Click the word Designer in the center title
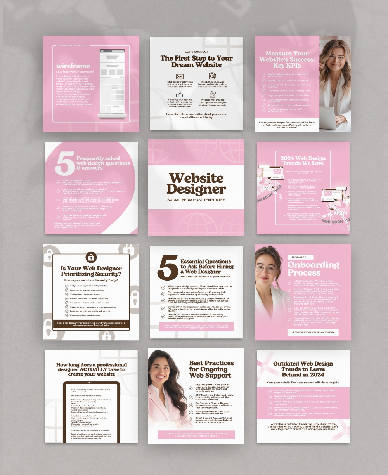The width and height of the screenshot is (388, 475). click(x=196, y=189)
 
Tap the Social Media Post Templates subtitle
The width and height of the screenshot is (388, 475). click(x=196, y=200)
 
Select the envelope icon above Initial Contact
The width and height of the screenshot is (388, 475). click(x=180, y=76)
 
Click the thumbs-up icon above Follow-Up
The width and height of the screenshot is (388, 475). click(x=180, y=94)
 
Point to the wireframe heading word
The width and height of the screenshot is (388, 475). click(x=73, y=66)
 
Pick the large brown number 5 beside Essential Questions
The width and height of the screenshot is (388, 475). click(x=168, y=267)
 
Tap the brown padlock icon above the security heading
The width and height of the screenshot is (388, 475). click(x=91, y=257)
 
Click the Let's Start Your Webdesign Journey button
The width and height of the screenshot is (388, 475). click(x=313, y=333)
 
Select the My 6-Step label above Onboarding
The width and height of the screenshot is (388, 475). click(x=300, y=257)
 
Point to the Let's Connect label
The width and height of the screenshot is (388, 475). click(x=196, y=52)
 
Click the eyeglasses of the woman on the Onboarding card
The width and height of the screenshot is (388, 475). click(x=266, y=268)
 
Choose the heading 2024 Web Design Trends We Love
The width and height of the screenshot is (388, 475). click(x=303, y=161)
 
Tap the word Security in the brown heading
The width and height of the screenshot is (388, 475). click(x=105, y=274)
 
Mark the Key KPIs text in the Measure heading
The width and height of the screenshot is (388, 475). click(x=287, y=66)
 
